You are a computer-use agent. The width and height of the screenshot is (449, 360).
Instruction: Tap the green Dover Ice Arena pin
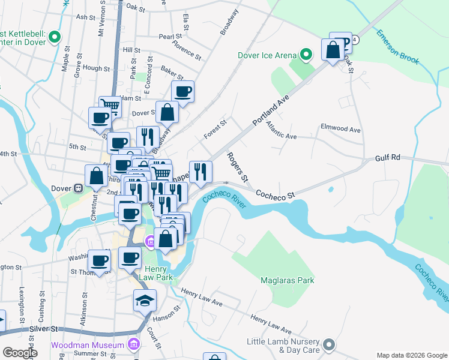[x=306, y=56]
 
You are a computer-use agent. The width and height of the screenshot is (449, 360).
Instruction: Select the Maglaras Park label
[x=288, y=280]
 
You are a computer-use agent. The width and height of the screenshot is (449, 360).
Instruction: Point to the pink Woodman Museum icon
[x=133, y=345]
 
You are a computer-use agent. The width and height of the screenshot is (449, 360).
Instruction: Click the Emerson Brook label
[x=398, y=47]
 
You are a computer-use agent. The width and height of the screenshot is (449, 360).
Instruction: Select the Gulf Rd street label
[x=387, y=157]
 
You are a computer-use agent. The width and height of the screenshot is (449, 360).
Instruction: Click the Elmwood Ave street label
[x=340, y=129]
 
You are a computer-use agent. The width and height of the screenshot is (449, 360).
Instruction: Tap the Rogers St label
[x=237, y=167]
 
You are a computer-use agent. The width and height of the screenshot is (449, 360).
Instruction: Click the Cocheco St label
[x=276, y=195]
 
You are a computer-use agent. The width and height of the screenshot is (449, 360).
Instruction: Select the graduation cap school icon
[x=145, y=300]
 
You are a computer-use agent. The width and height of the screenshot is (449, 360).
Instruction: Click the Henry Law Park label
[x=157, y=272]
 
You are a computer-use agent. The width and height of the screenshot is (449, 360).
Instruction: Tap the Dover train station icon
[x=77, y=188]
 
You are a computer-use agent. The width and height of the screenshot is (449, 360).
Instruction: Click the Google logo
[x=19, y=353]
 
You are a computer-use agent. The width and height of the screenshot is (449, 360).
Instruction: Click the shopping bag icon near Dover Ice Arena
[x=332, y=50]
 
